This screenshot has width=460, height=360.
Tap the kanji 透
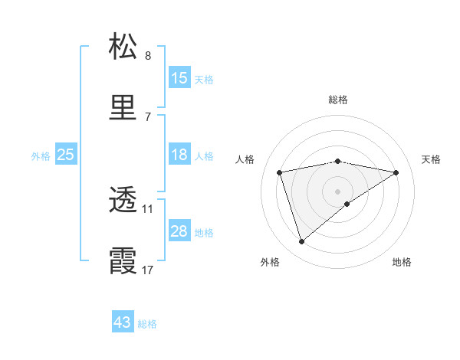123,201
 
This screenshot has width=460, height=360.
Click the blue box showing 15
179,78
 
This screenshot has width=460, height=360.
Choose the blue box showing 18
179,155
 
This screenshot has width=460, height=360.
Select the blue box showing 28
179,232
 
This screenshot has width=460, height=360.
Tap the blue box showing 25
66,155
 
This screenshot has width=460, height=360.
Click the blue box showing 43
123,322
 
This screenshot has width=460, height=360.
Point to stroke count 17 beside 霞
147,270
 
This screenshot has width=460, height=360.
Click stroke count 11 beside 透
147,208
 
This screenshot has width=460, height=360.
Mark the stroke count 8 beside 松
147,55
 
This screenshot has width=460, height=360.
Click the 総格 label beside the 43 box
148,323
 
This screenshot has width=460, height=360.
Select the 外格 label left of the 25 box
41,156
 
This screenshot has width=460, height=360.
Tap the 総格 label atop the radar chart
338,100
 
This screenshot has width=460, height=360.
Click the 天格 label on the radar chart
432,159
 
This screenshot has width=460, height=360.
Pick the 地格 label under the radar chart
402,262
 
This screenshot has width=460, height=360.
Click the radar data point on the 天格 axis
396,172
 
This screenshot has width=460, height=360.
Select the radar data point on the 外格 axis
301,242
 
